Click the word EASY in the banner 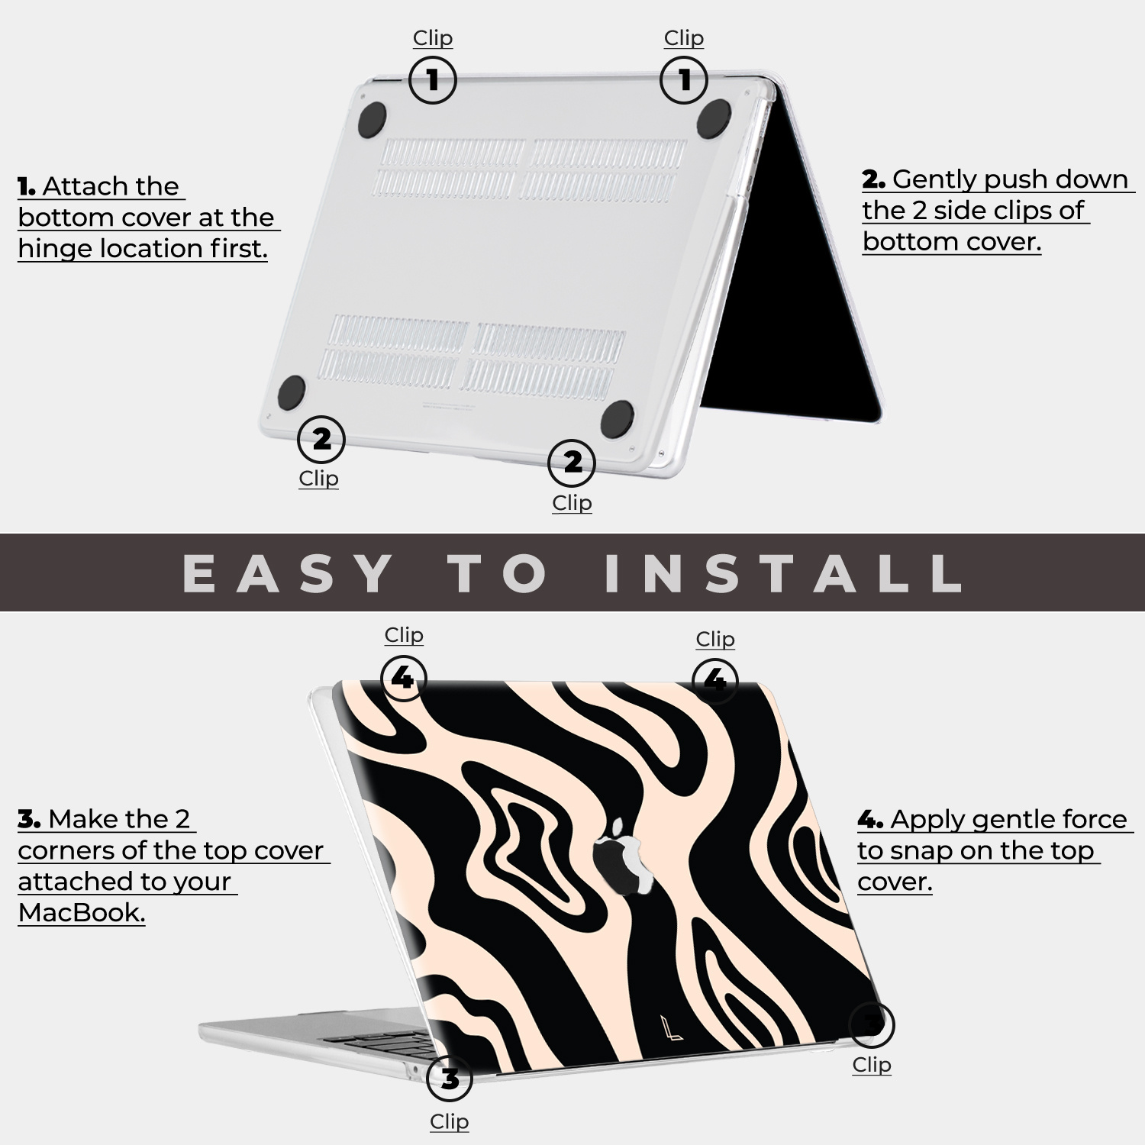click(x=288, y=573)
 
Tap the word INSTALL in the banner click(x=783, y=573)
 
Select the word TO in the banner click(x=498, y=573)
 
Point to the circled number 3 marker click(x=450, y=1079)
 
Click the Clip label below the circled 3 click(x=449, y=1121)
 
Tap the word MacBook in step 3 click(x=81, y=912)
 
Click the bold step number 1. click(x=27, y=187)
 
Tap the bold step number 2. click(x=873, y=180)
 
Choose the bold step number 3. click(x=29, y=820)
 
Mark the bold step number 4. click(x=870, y=821)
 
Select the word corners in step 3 click(x=62, y=850)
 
